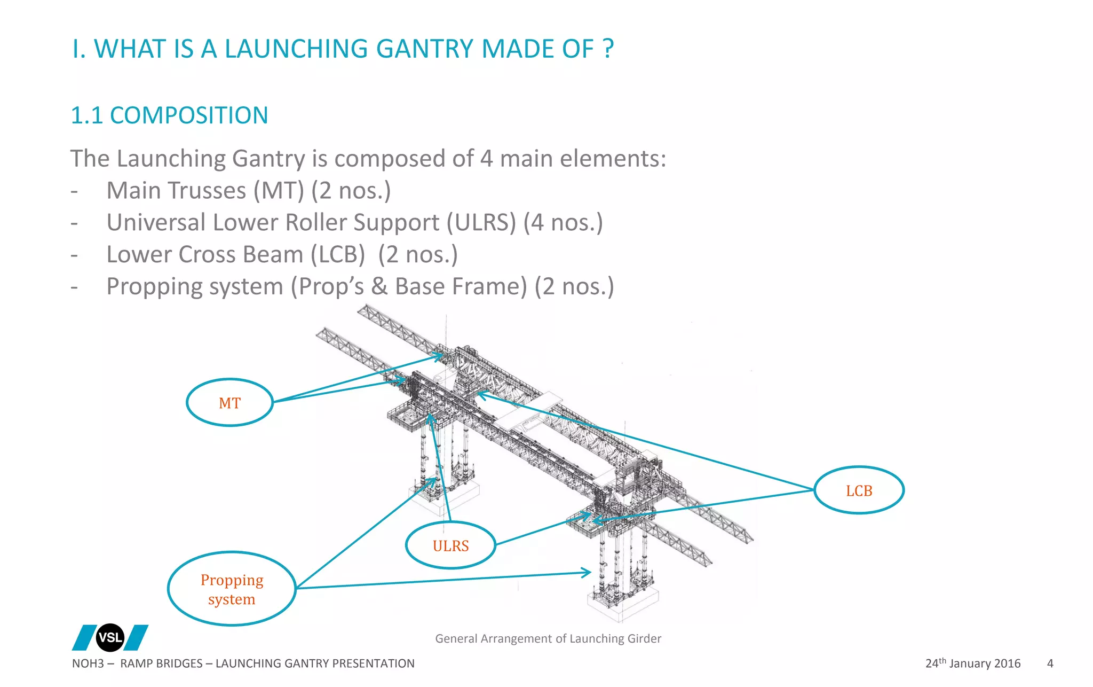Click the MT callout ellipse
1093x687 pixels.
[229, 403]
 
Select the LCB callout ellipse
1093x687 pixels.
[858, 490]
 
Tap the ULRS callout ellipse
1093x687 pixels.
[450, 545]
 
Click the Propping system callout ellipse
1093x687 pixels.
[232, 589]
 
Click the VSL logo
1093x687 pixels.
[110, 637]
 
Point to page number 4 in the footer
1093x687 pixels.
[1050, 663]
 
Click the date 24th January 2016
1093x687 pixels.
[972, 663]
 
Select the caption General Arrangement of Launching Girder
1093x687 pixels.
[548, 638]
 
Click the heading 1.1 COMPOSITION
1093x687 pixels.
[169, 115]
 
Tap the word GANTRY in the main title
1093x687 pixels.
[424, 49]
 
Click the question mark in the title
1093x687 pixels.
[608, 49]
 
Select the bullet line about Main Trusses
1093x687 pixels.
[248, 191]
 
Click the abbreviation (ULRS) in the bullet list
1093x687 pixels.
[481, 223]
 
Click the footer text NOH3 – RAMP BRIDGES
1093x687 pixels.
[138, 663]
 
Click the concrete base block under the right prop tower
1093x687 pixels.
[623, 601]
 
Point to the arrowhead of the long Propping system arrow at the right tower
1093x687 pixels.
[589, 573]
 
